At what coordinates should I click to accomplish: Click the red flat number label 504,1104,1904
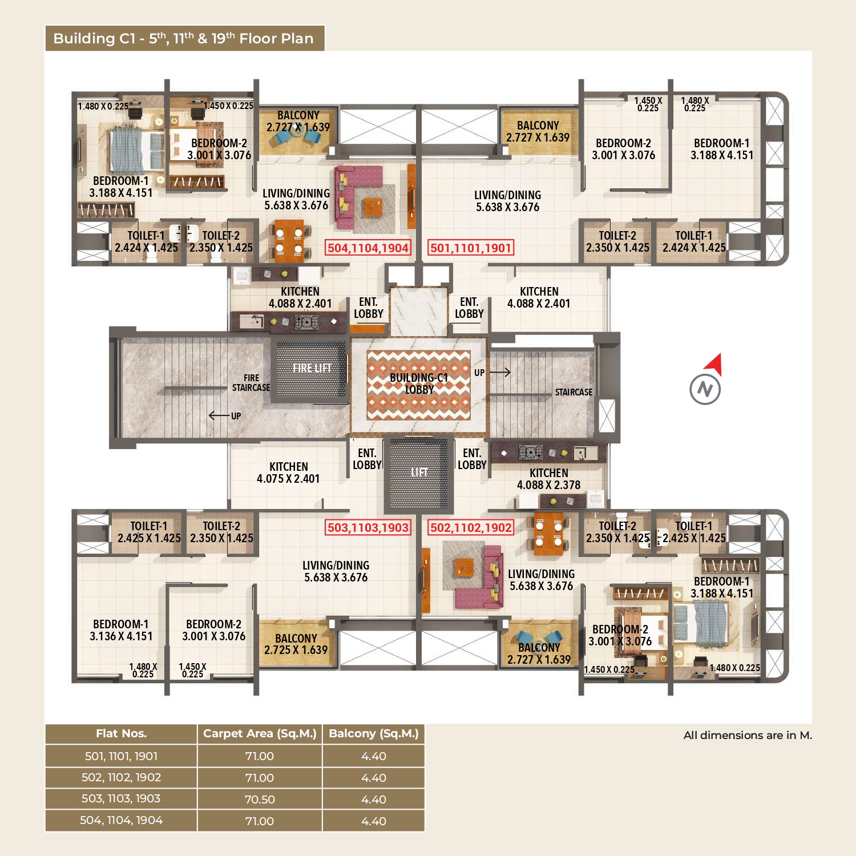click(x=368, y=248)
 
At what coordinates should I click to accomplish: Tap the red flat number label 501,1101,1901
click(x=471, y=248)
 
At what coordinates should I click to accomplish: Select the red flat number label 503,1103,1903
click(x=368, y=527)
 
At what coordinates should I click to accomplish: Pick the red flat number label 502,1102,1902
click(x=471, y=527)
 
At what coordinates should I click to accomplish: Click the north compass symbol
click(x=706, y=381)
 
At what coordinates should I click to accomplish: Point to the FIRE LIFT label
click(x=312, y=368)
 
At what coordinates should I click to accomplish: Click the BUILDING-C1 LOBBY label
click(x=419, y=383)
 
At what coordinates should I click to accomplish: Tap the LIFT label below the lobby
click(x=419, y=472)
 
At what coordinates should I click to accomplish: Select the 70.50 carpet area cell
click(x=260, y=800)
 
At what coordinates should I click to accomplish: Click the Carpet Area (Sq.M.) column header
click(x=260, y=734)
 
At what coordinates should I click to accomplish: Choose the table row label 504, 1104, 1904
click(x=121, y=821)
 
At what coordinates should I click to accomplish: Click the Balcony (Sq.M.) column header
click(x=374, y=734)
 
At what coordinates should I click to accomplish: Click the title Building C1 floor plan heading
click(x=183, y=38)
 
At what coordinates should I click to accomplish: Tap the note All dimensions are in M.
click(x=748, y=735)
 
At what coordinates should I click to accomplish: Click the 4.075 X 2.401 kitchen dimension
click(x=288, y=479)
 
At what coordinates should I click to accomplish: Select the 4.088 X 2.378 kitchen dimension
click(x=548, y=485)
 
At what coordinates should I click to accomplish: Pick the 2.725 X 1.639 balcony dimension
click(x=296, y=650)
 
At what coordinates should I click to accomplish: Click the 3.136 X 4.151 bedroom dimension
click(x=121, y=636)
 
